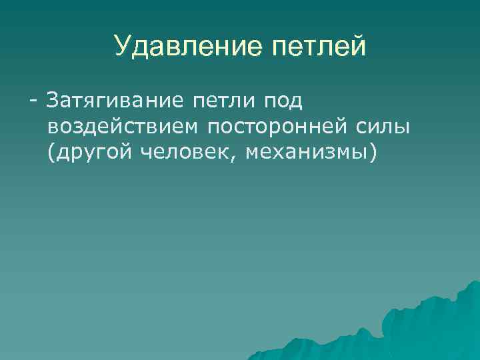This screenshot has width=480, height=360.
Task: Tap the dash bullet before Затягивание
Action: [x=32, y=102]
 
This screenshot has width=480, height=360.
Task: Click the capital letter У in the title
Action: [x=122, y=47]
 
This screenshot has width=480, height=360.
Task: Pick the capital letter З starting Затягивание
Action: [x=51, y=101]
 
